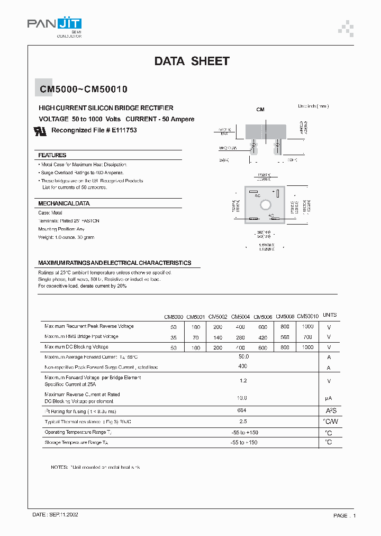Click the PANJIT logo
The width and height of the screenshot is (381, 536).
pos(54,24)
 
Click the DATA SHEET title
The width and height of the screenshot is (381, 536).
pos(192,61)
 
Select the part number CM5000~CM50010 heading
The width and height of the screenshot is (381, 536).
pos(83,90)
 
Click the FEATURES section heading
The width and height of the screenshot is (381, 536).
pos(52,155)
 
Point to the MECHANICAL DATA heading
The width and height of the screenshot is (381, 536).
pos(63,203)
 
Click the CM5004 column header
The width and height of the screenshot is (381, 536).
pos(240,316)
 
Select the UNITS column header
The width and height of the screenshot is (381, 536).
pos(329,315)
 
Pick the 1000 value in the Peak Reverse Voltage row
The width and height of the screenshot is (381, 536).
pos(307,327)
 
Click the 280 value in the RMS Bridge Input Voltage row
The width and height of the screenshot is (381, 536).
pos(240,337)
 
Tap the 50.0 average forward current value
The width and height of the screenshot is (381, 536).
pos(243,357)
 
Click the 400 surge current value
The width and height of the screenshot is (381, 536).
pos(243,367)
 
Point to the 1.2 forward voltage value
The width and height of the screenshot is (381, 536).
pos(243,381)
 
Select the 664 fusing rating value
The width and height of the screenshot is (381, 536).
pos(243,410)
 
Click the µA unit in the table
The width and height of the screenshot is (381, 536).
pos(329,398)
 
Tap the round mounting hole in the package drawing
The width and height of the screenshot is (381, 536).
pos(266,204)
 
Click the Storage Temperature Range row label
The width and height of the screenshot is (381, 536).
pos(76,442)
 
